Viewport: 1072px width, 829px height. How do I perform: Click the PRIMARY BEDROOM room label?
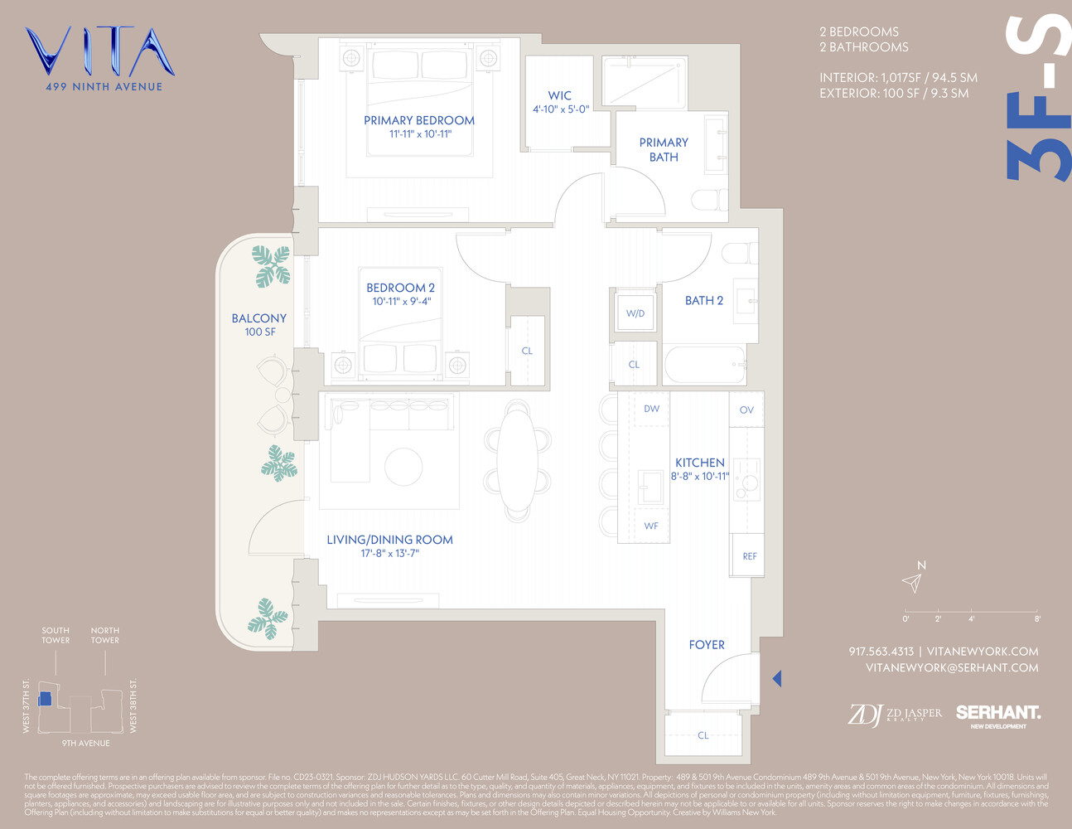click(419, 121)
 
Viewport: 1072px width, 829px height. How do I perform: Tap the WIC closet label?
click(560, 96)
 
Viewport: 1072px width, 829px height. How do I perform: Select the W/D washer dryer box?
click(635, 313)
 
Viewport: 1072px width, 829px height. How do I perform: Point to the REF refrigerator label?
click(749, 556)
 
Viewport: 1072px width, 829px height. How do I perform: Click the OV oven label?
click(746, 410)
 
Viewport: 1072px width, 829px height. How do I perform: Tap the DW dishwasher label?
click(652, 409)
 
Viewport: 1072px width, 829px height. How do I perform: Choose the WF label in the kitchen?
click(651, 526)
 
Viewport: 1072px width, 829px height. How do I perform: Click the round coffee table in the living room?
click(403, 466)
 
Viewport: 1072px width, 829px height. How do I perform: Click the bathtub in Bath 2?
click(704, 365)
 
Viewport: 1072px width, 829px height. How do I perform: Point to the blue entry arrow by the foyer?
click(777, 679)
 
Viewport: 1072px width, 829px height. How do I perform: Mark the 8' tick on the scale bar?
click(1037, 618)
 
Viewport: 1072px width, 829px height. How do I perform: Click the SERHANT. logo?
click(998, 713)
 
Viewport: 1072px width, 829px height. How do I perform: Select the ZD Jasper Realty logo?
click(895, 714)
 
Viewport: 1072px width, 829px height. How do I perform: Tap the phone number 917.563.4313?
click(881, 652)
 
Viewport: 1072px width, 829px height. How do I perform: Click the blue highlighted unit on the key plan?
click(46, 699)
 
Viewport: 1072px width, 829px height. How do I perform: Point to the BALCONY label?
click(259, 318)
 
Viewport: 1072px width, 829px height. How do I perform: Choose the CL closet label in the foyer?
click(703, 735)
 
